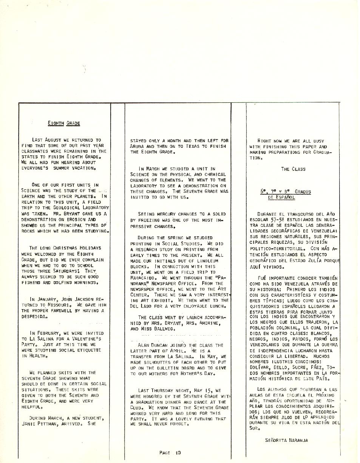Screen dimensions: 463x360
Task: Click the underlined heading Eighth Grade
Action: pyautogui.click(x=64, y=123)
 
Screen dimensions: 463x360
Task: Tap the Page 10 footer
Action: pyautogui.click(x=170, y=452)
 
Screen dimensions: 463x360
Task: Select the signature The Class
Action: pyautogui.click(x=293, y=169)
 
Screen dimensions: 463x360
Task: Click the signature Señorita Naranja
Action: pyautogui.click(x=286, y=440)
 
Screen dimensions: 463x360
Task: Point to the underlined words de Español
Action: pyautogui.click(x=281, y=197)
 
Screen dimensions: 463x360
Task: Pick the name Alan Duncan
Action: pyautogui.click(x=153, y=345)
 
